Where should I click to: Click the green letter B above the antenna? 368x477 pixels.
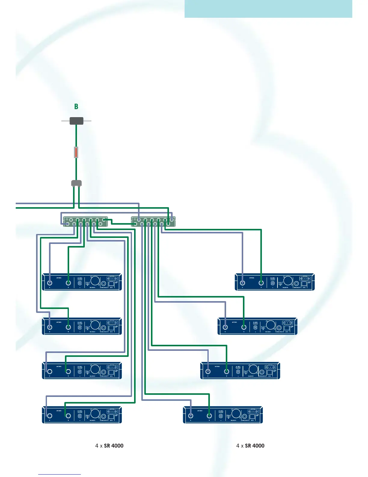(x=76, y=107)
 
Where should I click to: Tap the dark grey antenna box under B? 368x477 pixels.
(x=76, y=121)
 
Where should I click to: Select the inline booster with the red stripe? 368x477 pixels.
(x=76, y=152)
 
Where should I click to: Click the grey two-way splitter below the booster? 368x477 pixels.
(x=76, y=183)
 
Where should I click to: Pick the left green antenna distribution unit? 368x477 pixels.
(x=85, y=222)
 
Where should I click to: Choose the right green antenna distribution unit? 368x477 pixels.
(x=153, y=222)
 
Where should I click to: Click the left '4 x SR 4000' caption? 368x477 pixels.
(x=109, y=446)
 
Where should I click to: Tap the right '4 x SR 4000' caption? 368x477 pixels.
(x=250, y=446)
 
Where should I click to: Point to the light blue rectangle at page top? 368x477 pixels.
(x=268, y=9)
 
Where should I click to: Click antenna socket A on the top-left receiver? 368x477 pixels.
(x=50, y=283)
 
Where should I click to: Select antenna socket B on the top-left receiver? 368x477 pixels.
(x=68, y=283)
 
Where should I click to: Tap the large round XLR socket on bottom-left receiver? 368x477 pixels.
(x=95, y=414)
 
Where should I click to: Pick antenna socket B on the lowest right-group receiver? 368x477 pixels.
(x=209, y=416)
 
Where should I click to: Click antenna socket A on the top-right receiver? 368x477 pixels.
(x=243, y=283)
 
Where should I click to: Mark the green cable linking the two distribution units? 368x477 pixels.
(x=120, y=223)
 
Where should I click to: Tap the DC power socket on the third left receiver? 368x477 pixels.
(x=80, y=371)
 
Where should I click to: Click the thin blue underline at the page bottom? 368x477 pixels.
(x=60, y=475)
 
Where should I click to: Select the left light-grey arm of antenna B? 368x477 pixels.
(x=66, y=121)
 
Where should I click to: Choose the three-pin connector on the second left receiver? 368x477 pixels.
(x=112, y=323)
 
